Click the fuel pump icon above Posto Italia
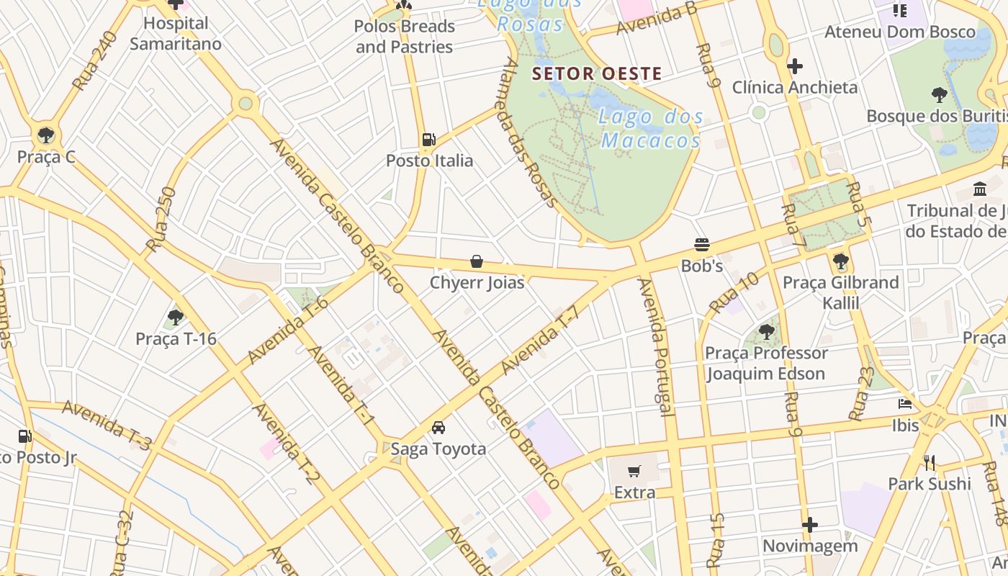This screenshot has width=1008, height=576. [428, 139]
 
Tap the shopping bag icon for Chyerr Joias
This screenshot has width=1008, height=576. [476, 261]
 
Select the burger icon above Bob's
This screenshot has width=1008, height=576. [702, 245]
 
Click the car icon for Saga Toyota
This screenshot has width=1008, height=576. [438, 428]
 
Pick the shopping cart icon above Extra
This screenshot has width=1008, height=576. [634, 472]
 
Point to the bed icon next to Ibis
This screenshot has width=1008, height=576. [905, 404]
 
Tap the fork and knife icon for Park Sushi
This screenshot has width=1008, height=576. [930, 462]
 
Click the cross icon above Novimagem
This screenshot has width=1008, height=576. [810, 525]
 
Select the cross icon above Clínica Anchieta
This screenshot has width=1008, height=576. [794, 66]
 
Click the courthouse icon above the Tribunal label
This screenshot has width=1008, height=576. [980, 189]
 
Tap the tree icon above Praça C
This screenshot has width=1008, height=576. [46, 135]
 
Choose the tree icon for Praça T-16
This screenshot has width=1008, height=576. [175, 317]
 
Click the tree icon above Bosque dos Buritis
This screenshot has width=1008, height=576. [939, 94]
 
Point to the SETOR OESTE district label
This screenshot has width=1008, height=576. [596, 73]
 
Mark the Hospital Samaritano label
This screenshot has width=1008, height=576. [176, 33]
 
